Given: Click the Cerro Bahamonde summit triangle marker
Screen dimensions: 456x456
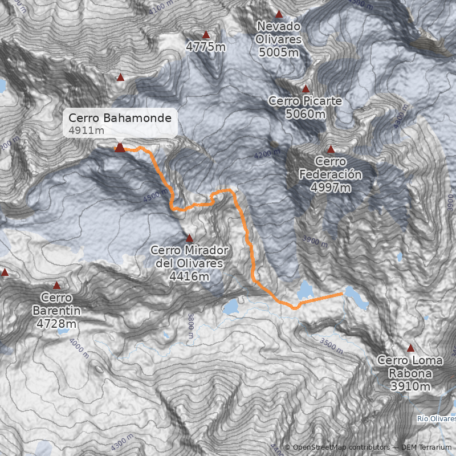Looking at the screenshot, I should click(120, 148).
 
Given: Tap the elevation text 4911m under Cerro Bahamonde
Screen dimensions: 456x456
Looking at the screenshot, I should click(86, 131).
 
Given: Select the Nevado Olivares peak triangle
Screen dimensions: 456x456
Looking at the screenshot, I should click(279, 14).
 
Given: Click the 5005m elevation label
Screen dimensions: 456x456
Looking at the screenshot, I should click(279, 52).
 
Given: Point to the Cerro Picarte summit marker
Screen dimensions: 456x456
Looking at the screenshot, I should click(306, 88).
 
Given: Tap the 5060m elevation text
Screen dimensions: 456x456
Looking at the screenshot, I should click(306, 114).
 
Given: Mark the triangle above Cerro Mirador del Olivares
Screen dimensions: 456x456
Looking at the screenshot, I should click(189, 238).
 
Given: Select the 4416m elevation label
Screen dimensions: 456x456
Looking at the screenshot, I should click(189, 276).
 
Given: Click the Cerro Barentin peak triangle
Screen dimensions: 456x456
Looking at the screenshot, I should click(56, 286).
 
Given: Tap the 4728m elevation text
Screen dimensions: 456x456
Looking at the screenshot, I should click(56, 324).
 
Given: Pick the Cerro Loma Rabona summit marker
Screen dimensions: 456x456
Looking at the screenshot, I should click(410, 348).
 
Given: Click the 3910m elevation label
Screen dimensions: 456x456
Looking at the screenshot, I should click(410, 386).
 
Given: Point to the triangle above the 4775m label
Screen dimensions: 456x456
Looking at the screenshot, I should click(206, 35).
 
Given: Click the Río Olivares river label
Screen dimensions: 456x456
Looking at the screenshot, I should click(436, 420).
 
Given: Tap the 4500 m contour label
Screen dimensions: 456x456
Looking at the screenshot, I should click(156, 197).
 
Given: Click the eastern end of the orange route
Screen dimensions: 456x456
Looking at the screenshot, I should click(342, 294).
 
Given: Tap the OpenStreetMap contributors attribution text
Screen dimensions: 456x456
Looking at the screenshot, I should click(336, 447).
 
